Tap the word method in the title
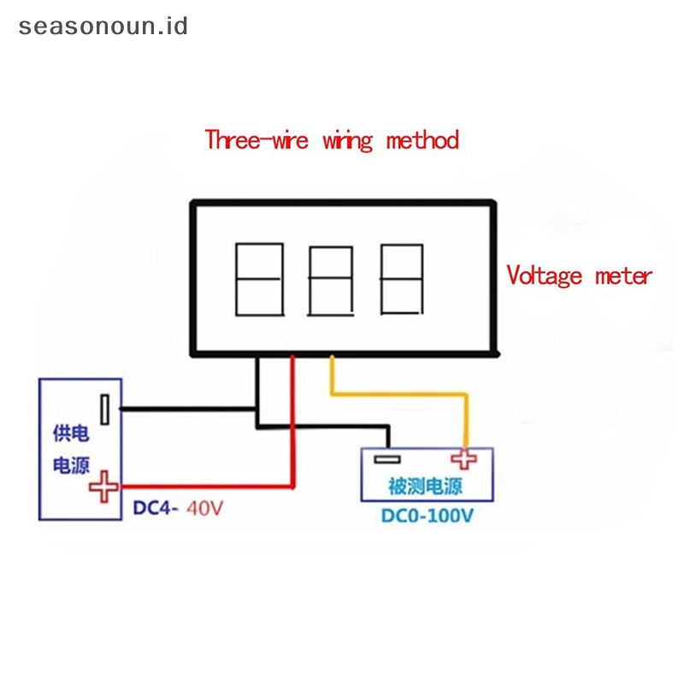click(422, 139)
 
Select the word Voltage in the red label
click(545, 275)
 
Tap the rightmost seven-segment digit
click(402, 279)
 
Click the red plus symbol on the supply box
click(105, 486)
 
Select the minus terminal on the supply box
click(104, 410)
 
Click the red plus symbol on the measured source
click(464, 458)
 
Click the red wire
click(292, 427)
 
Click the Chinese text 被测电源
click(425, 487)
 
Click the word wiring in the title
click(347, 140)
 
